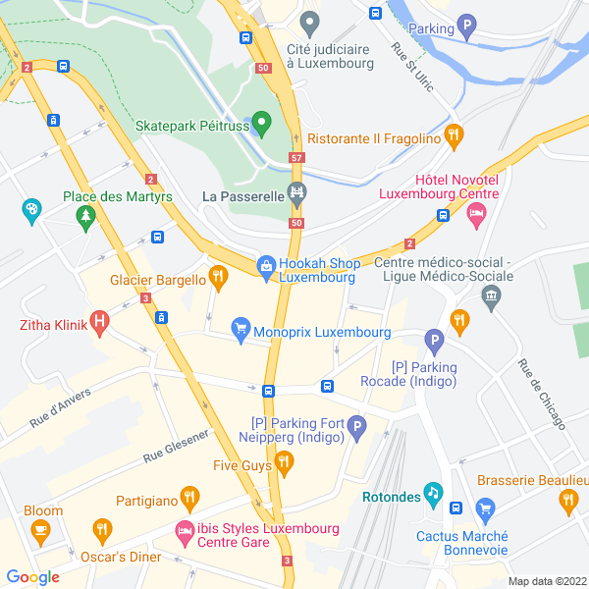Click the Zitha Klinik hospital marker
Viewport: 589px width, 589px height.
coord(99,323)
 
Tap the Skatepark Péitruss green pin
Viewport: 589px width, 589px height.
coord(261,123)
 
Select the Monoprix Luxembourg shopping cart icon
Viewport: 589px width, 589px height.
coord(241,330)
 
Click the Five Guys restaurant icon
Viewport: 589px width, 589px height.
coord(285,460)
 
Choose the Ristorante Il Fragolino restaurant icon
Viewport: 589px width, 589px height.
coord(453,136)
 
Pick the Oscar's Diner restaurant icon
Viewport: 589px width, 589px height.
coord(102,531)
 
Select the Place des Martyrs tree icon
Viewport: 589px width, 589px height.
coord(86,215)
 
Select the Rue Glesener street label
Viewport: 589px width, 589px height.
coord(176,446)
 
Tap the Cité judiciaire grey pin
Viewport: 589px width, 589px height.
coord(310,22)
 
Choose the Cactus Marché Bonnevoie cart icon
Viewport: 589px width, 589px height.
coord(484,509)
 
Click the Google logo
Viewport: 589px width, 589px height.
coord(33,577)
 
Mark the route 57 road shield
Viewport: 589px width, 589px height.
coord(296,157)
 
